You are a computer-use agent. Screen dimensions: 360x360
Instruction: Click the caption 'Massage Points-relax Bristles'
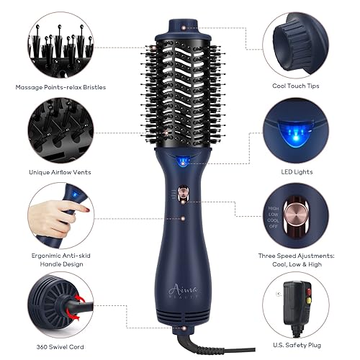60,87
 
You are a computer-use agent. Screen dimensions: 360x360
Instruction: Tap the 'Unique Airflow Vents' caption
60,172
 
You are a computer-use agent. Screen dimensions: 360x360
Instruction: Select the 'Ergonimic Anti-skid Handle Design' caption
60,259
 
